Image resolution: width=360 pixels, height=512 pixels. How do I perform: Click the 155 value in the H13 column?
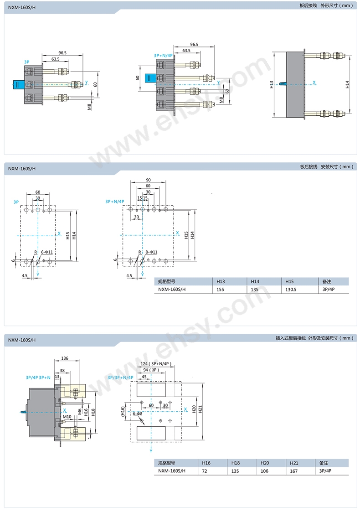[x=220, y=289]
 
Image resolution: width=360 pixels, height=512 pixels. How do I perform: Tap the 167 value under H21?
[x=294, y=471]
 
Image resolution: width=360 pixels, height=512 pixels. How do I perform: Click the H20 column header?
[x=265, y=463]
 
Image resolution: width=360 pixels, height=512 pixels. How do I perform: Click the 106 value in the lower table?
[x=265, y=471]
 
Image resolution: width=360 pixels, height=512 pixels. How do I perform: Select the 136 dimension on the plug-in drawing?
[x=65, y=358]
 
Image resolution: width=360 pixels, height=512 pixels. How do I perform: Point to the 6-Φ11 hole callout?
[x=46, y=252]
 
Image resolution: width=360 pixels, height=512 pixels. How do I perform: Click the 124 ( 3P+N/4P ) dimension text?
[x=156, y=364]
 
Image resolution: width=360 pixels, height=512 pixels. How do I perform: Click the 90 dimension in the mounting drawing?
[x=148, y=180]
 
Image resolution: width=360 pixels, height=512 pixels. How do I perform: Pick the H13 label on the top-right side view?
[x=271, y=84]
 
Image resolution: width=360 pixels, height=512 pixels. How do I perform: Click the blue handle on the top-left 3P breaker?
[x=19, y=85]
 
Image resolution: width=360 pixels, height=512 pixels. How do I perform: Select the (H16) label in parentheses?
[x=123, y=411]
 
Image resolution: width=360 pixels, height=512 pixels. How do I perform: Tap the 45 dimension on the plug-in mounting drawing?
[x=144, y=377]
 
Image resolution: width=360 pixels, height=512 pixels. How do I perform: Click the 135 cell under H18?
[x=235, y=471]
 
